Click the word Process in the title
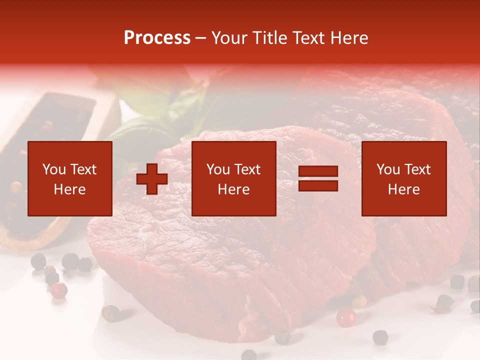tap(157, 38)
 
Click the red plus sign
tap(152, 179)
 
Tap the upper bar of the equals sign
tap(318, 172)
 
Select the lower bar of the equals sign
tap(318, 186)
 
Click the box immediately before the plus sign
tap(70, 179)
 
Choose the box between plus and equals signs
tap(234, 179)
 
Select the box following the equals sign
tap(404, 179)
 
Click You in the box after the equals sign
tap(388, 170)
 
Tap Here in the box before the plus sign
tap(70, 190)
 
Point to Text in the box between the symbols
tap(247, 170)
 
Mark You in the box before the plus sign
tap(54, 170)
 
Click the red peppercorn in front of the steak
tap(345, 317)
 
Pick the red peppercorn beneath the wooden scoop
tap(59, 289)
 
